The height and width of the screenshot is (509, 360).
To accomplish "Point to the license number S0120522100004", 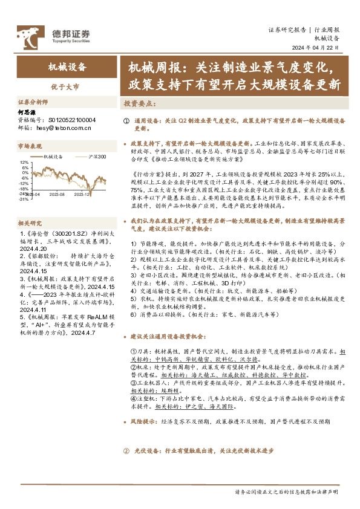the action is pyautogui.click(x=68, y=120).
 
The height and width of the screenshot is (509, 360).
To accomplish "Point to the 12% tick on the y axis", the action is pyautogui.click(x=24, y=163).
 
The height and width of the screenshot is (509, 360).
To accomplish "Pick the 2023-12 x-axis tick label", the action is pyautogui.click(x=82, y=195).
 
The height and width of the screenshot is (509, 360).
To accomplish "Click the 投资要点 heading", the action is pyautogui.click(x=139, y=103).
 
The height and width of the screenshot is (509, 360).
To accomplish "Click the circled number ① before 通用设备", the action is pyautogui.click(x=126, y=121).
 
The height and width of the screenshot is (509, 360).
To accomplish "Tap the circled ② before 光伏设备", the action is pyautogui.click(x=126, y=451).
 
